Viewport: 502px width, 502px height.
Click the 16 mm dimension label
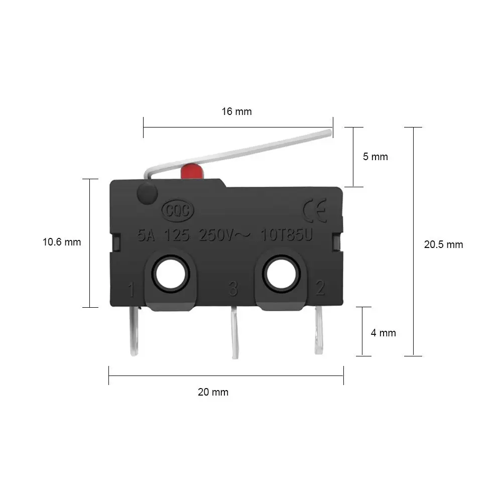coord(237,111)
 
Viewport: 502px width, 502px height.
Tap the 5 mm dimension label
coord(375,157)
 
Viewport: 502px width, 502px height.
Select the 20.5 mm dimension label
coord(443,245)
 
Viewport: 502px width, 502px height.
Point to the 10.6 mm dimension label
coord(62,242)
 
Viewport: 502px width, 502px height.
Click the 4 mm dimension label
coord(383,333)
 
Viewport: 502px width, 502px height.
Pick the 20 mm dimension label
coord(213,392)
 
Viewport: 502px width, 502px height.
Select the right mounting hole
coord(280,274)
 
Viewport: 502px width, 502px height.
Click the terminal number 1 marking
coord(131,290)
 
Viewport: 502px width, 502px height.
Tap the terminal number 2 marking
coord(319,288)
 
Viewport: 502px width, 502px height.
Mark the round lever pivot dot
coord(147,193)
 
